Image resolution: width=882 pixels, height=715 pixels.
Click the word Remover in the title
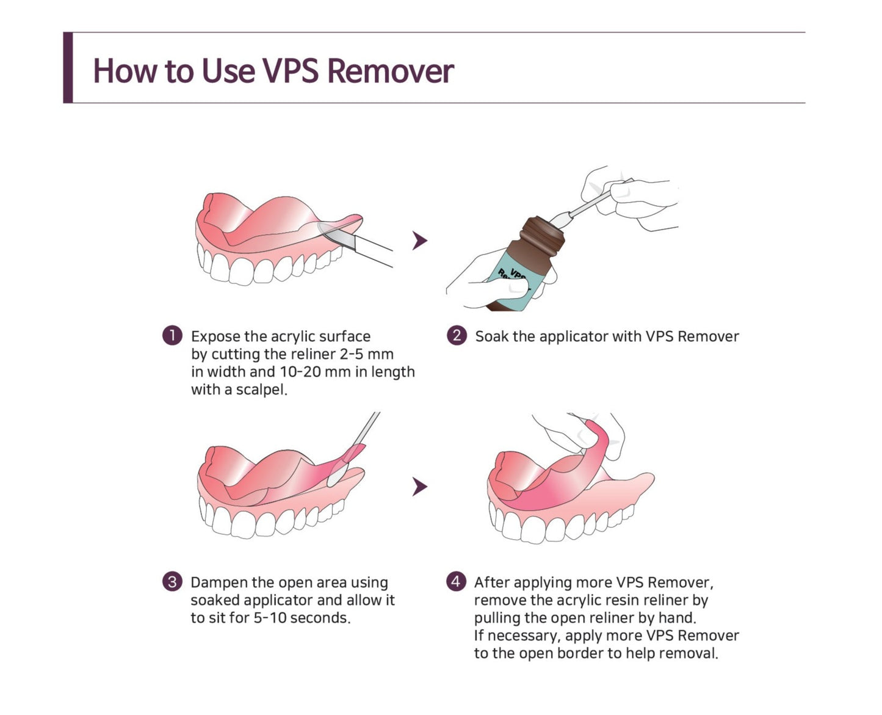tap(390, 71)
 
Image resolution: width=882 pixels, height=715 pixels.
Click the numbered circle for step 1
tap(172, 336)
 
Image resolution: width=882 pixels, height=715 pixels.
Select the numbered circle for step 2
tap(457, 336)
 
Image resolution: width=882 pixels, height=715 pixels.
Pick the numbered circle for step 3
tap(172, 582)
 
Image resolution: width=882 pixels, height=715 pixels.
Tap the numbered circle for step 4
tap(456, 582)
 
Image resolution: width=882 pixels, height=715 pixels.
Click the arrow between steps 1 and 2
tap(419, 241)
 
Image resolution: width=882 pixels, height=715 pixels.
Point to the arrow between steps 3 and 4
tap(419, 486)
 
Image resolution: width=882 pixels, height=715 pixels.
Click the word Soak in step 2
tap(492, 336)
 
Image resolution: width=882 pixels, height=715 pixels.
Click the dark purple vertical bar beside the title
tap(68, 67)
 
